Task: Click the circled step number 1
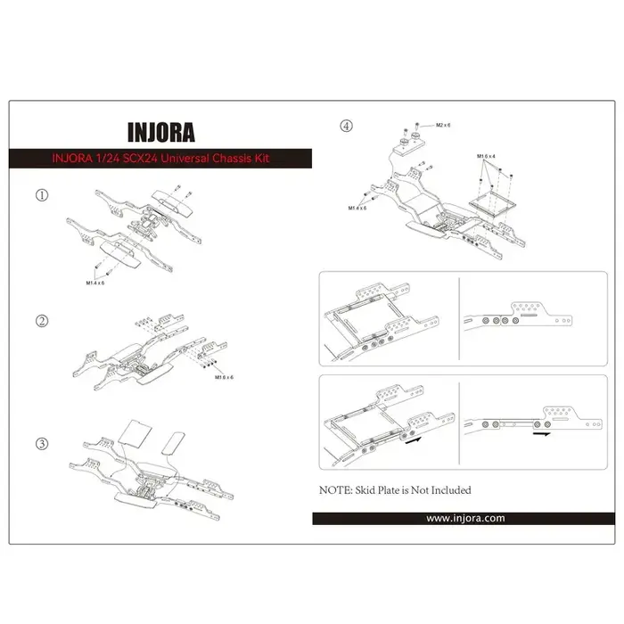[x=41, y=194]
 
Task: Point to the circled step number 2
[x=41, y=320]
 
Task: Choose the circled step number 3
[x=41, y=443]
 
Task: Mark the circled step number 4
[x=347, y=127]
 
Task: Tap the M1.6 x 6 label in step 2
[x=224, y=378]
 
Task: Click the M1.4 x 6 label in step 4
[x=359, y=209]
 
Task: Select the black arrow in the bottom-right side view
[x=540, y=438]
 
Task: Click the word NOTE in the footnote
[x=335, y=490]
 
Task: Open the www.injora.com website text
[x=465, y=518]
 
